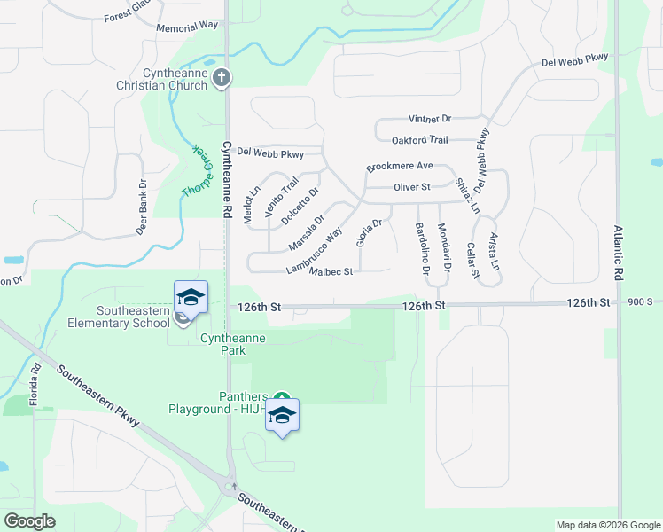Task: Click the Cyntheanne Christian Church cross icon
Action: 222,79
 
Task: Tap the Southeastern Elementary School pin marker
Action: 191,298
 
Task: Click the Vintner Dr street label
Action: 430,119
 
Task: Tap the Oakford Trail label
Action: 419,140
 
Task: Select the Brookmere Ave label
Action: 399,167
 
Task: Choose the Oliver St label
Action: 411,187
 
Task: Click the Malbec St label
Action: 331,271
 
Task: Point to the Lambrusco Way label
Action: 315,251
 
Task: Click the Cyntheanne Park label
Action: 234,339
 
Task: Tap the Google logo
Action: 29,521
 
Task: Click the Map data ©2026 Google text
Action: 607,525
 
